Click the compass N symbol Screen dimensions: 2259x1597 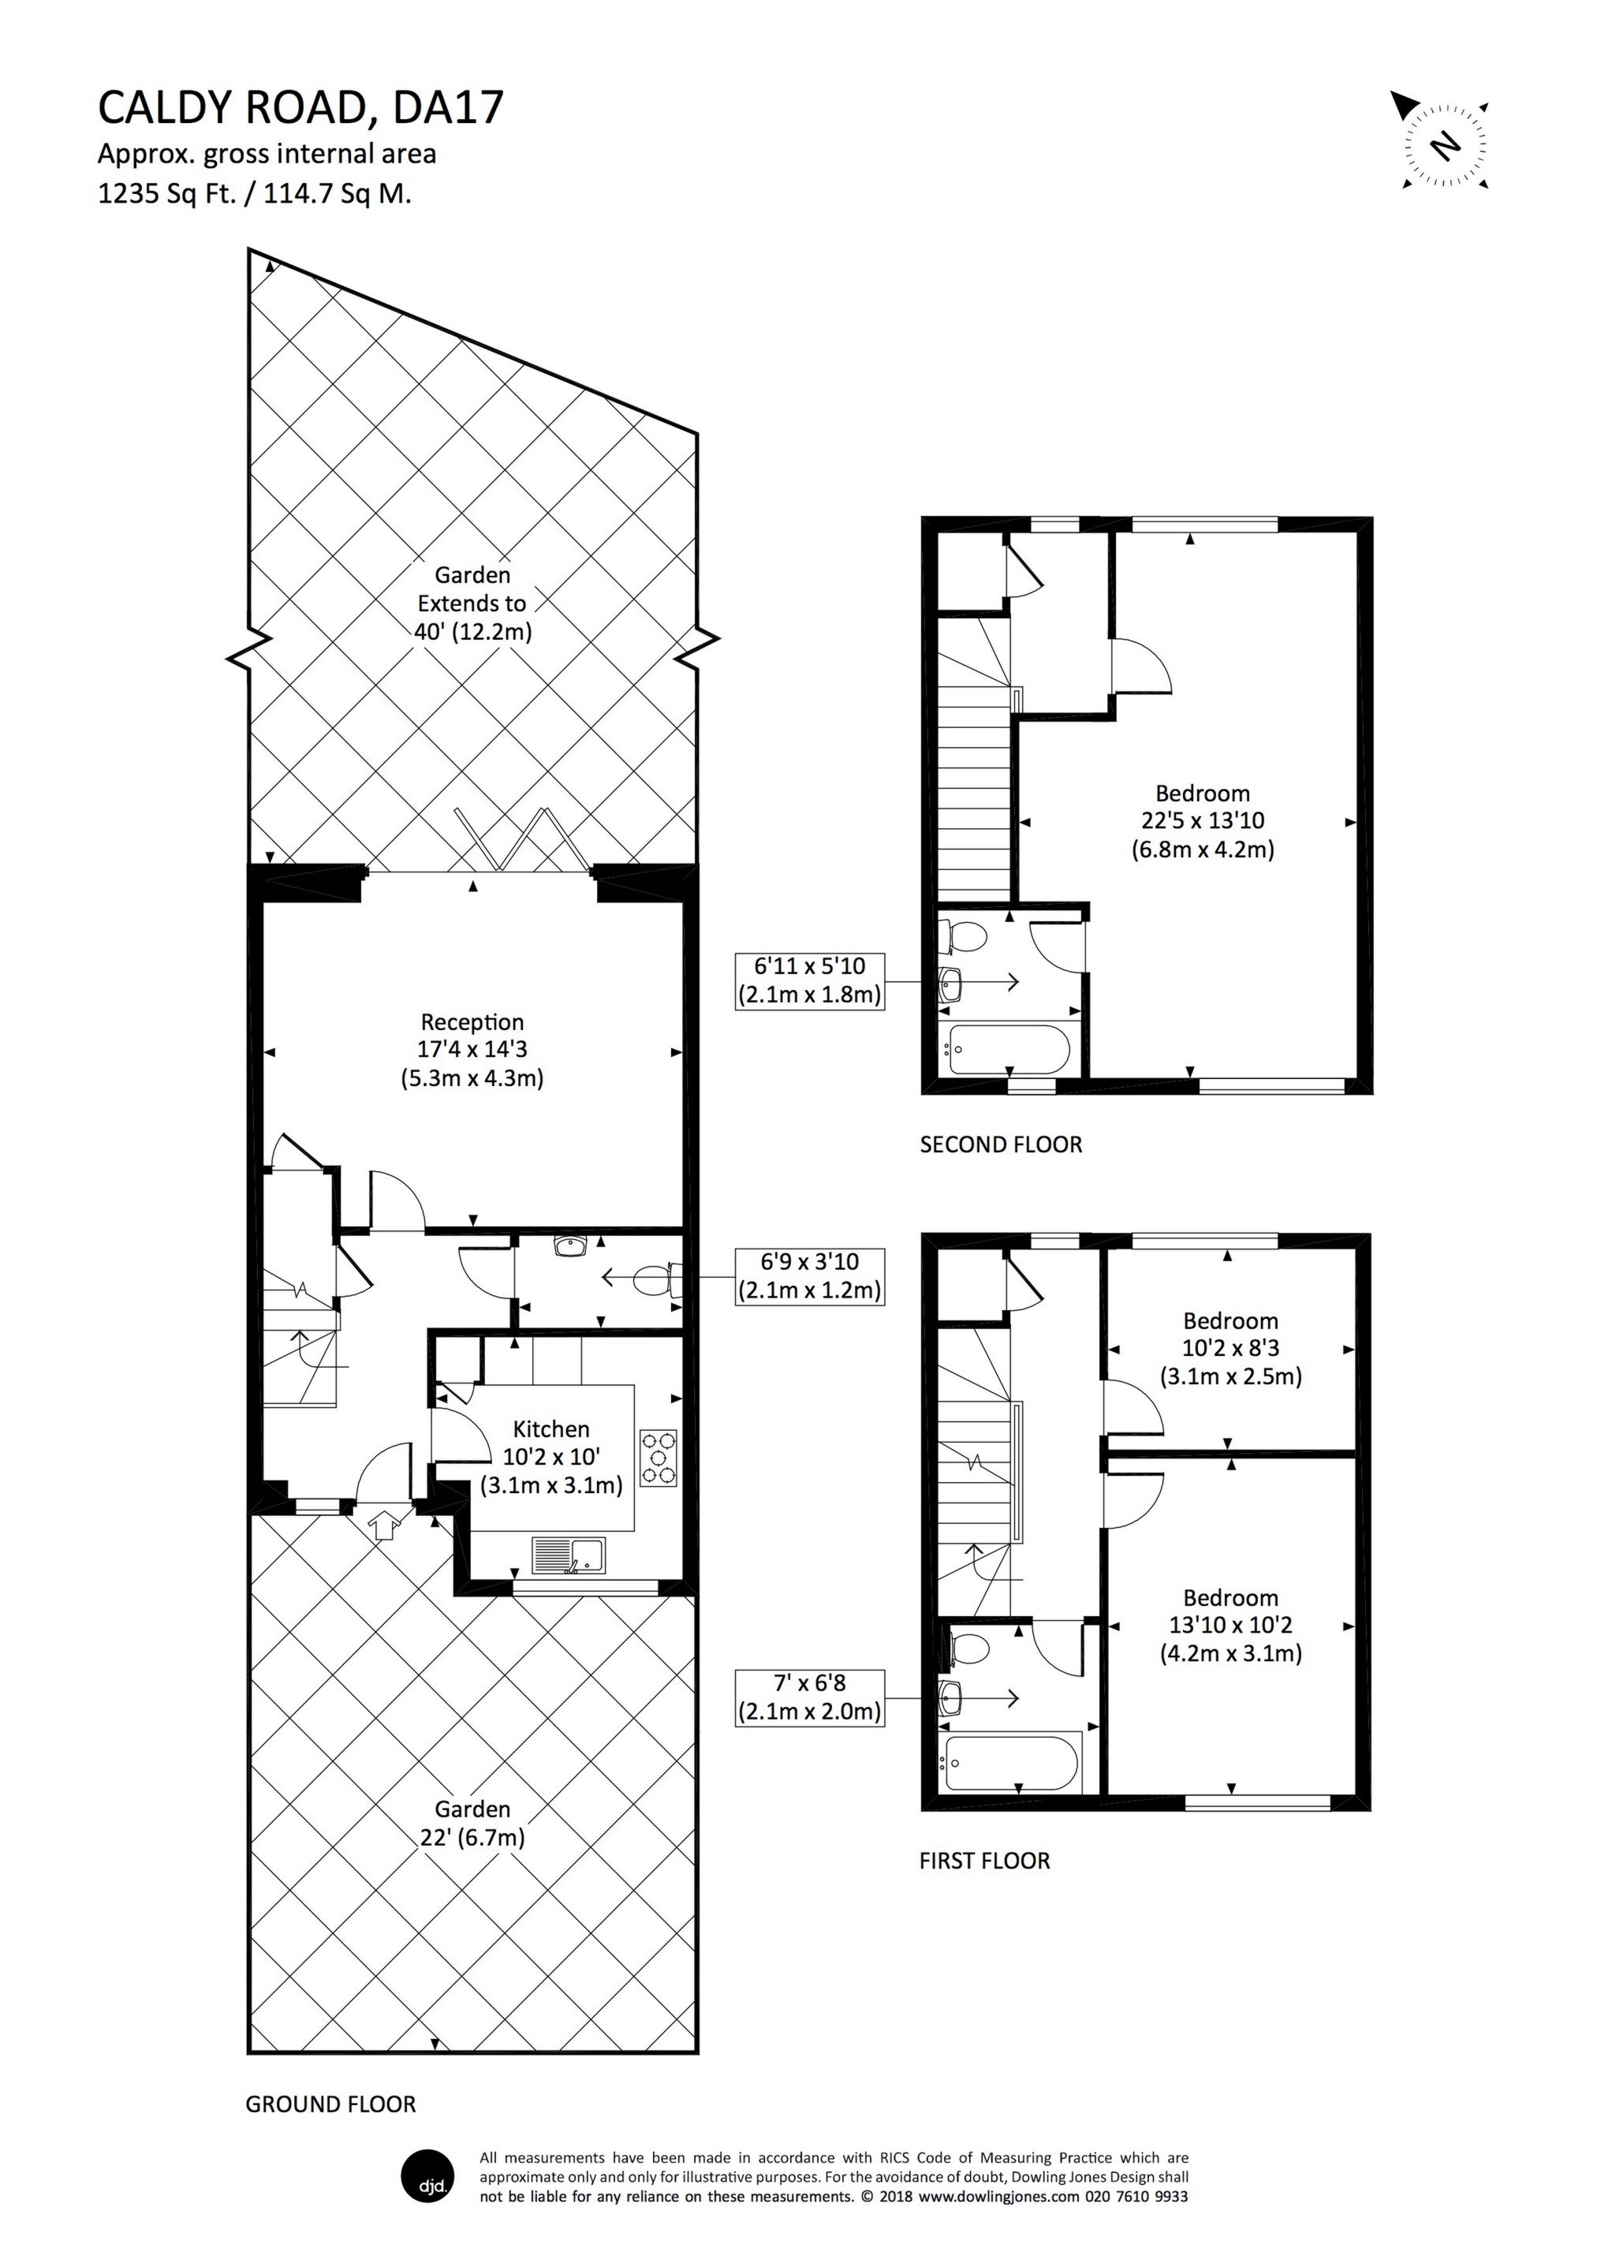click(1445, 146)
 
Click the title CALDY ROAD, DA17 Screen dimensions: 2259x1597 click(300, 108)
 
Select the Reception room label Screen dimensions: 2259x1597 click(472, 1050)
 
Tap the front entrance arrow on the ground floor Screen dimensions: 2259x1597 click(384, 1524)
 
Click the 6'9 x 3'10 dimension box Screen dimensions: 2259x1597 click(810, 1276)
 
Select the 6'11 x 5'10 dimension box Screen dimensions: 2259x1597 click(810, 980)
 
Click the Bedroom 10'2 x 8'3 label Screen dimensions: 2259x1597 click(1230, 1348)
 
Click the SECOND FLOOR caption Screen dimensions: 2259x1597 click(1001, 1144)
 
